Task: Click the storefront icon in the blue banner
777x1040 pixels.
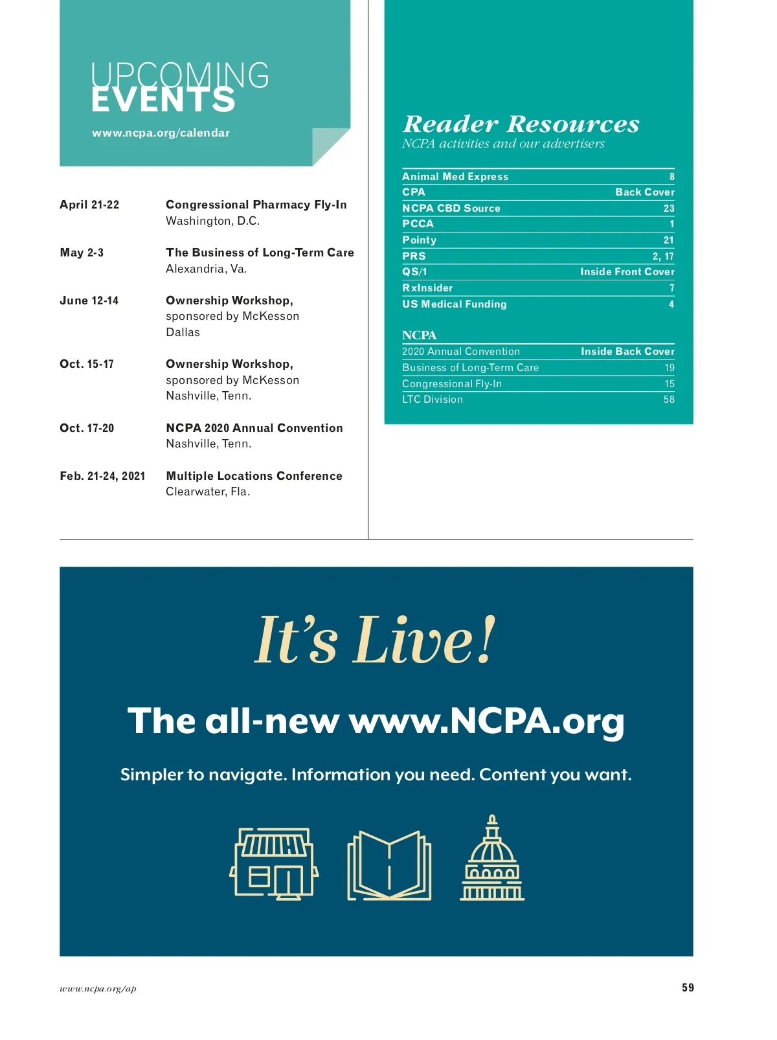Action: pos(274,864)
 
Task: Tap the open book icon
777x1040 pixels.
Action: pos(389,866)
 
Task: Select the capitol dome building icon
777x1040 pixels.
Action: pos(492,859)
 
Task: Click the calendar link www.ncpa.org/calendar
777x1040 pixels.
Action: pos(161,133)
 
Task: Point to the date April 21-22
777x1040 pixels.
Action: pos(89,205)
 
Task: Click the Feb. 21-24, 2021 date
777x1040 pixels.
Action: pos(102,476)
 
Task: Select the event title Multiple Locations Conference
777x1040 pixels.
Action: pos(254,476)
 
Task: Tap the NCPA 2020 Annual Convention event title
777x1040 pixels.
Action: pos(254,428)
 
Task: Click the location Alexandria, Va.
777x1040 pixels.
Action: pos(206,269)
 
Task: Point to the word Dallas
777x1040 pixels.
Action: pos(183,332)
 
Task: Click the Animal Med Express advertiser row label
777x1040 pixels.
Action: pos(455,177)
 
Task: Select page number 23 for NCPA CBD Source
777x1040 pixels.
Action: pos(668,209)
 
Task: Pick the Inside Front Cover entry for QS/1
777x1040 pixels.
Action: pos(627,272)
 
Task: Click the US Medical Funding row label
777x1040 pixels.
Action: pos(454,304)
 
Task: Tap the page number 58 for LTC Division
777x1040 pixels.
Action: pos(668,400)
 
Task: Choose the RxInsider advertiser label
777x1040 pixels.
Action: pos(427,288)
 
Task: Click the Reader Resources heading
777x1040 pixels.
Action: pos(521,124)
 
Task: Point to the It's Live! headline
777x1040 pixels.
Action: pos(375,640)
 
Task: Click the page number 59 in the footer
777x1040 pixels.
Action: pos(687,988)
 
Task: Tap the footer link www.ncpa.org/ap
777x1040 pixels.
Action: pos(98,989)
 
